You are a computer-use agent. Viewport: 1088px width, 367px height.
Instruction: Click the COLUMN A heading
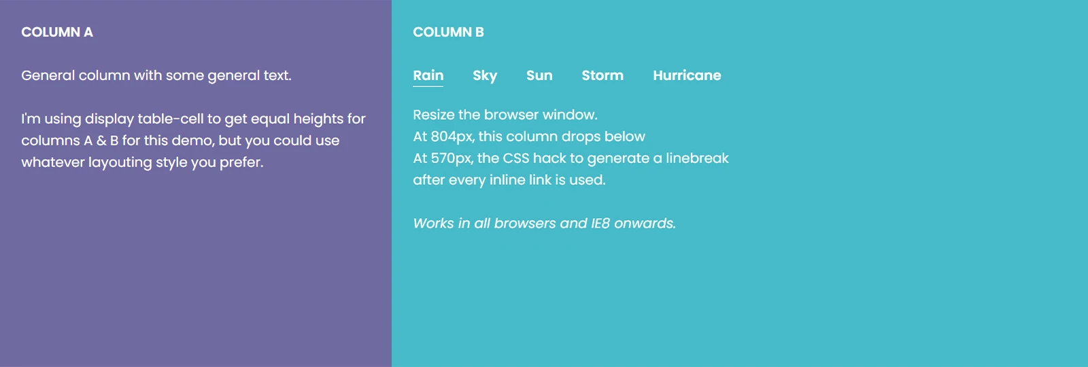pyautogui.click(x=57, y=32)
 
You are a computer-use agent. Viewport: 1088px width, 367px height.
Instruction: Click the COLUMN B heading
pyautogui.click(x=448, y=32)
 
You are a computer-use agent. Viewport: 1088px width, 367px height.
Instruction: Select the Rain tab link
pyautogui.click(x=428, y=75)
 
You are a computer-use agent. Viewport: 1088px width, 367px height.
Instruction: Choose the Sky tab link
pyautogui.click(x=485, y=75)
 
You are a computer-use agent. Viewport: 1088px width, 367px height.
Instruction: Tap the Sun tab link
pyautogui.click(x=539, y=75)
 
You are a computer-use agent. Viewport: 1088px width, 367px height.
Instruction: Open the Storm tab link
pyautogui.click(x=602, y=75)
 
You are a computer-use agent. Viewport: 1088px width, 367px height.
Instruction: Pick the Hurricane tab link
pyautogui.click(x=687, y=75)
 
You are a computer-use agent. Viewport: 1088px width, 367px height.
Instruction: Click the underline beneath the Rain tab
pyautogui.click(x=428, y=86)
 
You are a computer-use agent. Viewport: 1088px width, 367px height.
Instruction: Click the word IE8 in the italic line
pyautogui.click(x=600, y=224)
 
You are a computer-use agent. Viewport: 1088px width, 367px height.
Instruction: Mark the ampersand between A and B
pyautogui.click(x=101, y=141)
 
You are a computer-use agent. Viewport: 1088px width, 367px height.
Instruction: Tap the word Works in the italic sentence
pyautogui.click(x=433, y=224)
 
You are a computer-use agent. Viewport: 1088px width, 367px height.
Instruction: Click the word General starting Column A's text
pyautogui.click(x=48, y=75)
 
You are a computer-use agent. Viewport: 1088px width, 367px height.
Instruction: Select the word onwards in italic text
pyautogui.click(x=645, y=224)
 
